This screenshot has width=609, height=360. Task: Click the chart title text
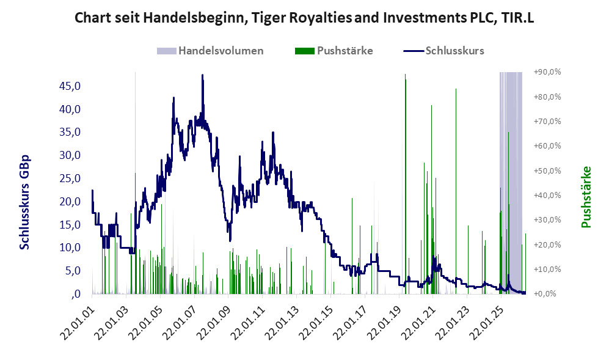click(x=304, y=18)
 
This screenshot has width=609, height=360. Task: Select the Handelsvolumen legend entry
click(x=210, y=51)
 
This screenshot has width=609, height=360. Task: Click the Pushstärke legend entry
click(x=334, y=51)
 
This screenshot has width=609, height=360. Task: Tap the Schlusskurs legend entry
click(x=444, y=51)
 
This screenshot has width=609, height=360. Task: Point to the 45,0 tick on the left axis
click(x=70, y=86)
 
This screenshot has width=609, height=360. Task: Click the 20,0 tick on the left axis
click(x=70, y=201)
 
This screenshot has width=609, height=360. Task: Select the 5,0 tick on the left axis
click(x=73, y=271)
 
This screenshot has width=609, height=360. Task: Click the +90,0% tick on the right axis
click(x=547, y=72)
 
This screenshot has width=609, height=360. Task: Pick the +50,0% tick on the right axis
click(x=547, y=171)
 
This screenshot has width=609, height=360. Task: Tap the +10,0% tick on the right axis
click(x=547, y=269)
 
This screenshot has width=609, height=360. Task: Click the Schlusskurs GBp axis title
click(x=24, y=202)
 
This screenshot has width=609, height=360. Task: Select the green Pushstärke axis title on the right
click(x=586, y=197)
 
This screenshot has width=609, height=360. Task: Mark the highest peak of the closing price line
click(x=202, y=75)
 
